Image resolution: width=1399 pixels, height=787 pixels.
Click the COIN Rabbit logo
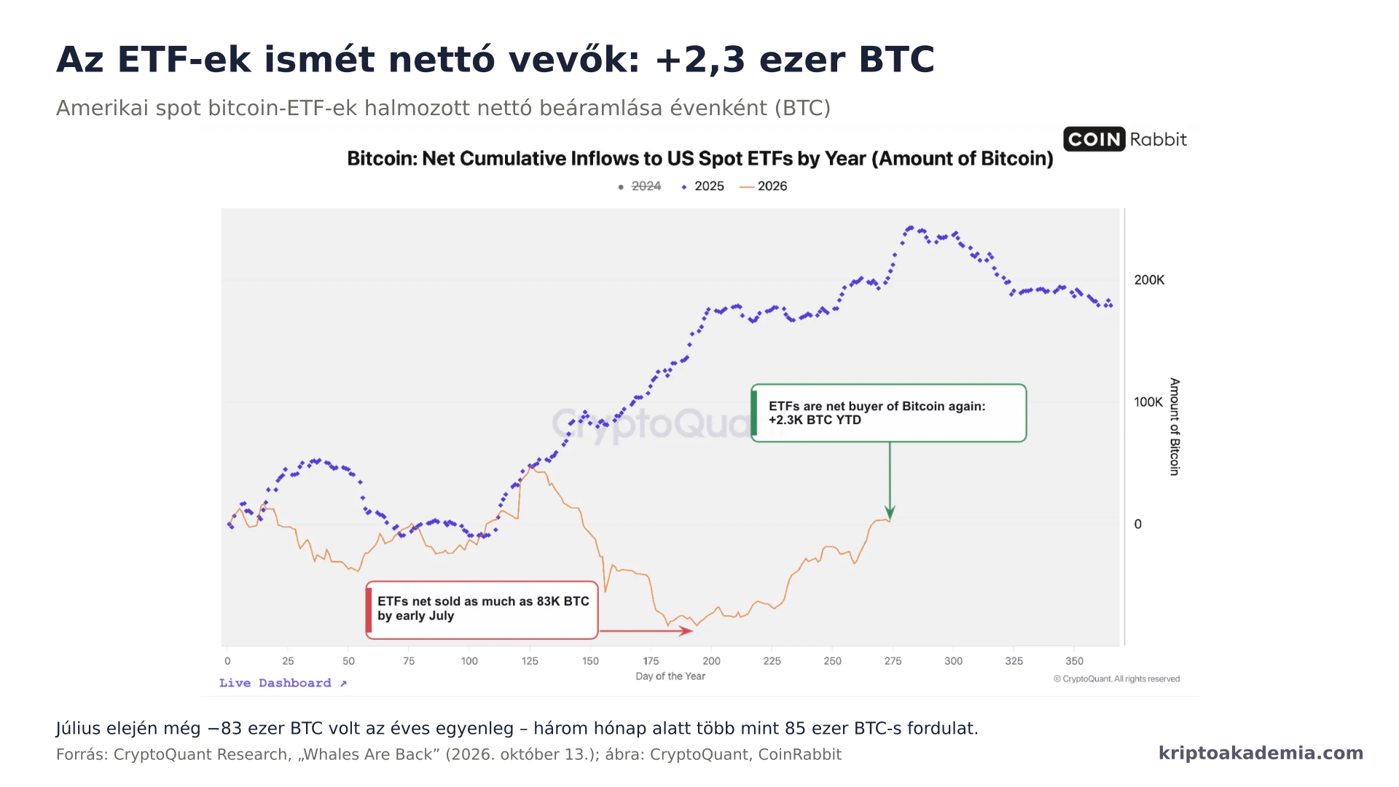[x=1125, y=139]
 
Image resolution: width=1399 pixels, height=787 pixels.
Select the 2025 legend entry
[x=702, y=187]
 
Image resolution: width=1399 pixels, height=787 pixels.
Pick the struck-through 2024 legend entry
[x=639, y=187]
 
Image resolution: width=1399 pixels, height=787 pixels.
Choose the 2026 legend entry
[x=764, y=187]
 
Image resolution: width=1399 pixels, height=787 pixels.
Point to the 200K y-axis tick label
[x=1149, y=281]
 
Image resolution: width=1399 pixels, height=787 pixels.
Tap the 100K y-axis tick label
[x=1148, y=402]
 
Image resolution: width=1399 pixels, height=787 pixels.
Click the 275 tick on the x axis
[x=893, y=661]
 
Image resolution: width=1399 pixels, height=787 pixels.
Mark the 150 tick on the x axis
[x=590, y=661]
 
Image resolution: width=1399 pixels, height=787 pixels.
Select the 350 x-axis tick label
[x=1074, y=661]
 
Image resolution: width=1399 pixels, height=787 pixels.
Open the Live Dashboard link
[x=283, y=683]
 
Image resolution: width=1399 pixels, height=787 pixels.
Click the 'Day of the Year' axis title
[x=670, y=676]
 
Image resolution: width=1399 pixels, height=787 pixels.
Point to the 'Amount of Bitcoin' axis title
[x=1175, y=426]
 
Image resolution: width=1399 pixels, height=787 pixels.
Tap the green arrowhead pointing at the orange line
[x=890, y=512]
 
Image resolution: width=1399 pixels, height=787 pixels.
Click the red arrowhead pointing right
[x=686, y=631]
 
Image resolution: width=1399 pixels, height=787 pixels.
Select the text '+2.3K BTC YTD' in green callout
[x=815, y=420]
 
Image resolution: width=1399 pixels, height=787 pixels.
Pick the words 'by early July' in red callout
[x=415, y=616]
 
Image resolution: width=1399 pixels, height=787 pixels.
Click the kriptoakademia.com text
[x=1261, y=753]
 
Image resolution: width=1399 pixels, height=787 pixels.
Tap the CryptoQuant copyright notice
[x=1116, y=678]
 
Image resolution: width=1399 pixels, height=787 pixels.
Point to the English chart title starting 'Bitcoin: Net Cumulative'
[x=700, y=159]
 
